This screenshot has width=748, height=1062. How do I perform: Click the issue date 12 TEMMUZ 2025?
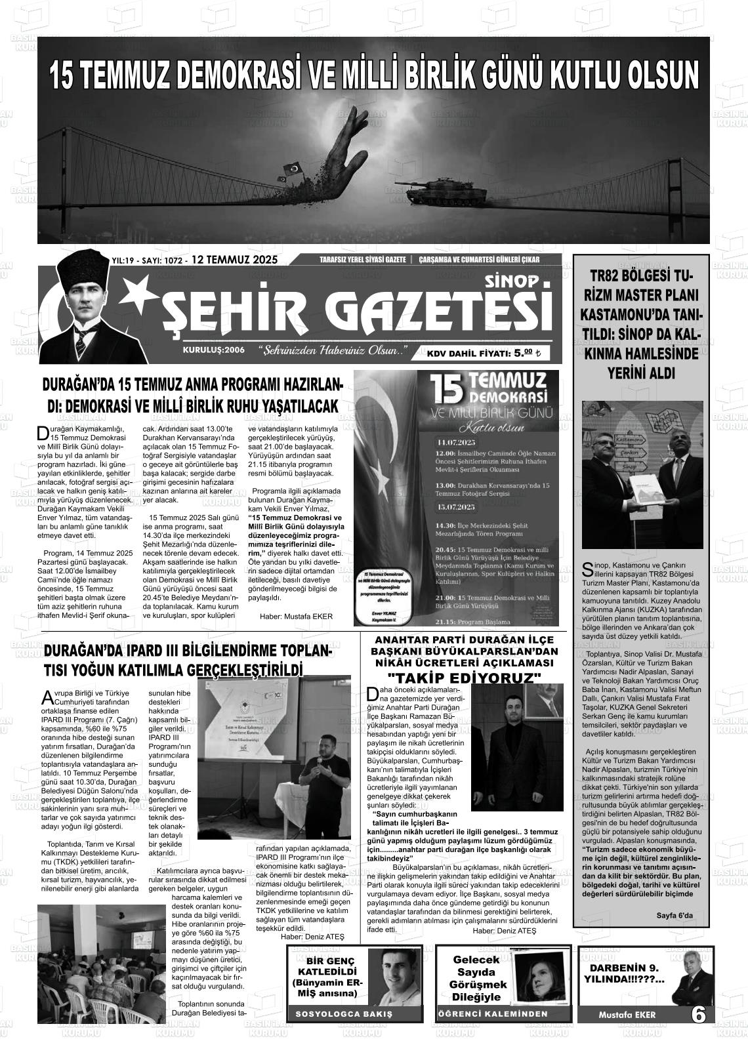234,260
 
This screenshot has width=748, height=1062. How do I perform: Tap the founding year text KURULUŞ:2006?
214,350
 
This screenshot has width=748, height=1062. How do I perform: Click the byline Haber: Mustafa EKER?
296,617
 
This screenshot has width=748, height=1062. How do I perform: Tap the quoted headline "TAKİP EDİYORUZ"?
464,678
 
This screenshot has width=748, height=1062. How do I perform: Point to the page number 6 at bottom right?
699,1015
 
